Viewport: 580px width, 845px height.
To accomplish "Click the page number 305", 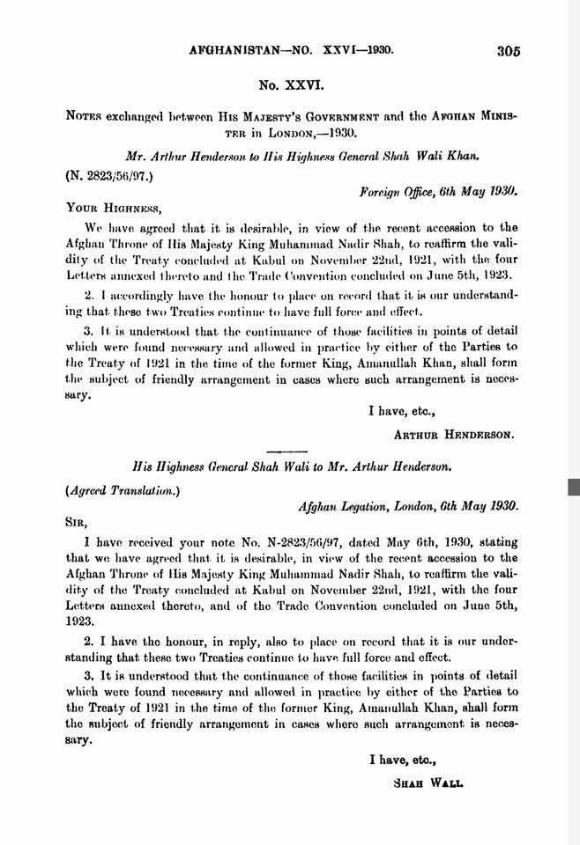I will pos(509,51).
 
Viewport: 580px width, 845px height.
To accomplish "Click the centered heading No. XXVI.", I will pos(291,89).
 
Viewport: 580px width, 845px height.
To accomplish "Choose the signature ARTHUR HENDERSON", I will pos(455,434).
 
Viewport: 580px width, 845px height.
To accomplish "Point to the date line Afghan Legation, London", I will pos(409,507).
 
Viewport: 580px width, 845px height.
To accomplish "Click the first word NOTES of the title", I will pos(82,115).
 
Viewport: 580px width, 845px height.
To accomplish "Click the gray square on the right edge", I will pos(574,487).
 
